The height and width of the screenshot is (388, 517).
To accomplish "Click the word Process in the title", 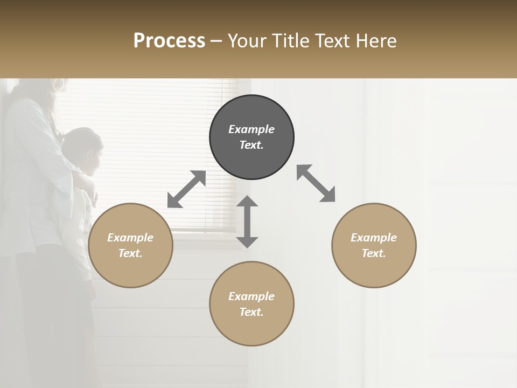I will coord(169,41).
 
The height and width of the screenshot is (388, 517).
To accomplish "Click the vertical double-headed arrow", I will coord(247,221).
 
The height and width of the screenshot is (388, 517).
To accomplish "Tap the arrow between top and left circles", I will coord(186,189).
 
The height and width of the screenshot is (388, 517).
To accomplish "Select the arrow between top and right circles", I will coord(316,183).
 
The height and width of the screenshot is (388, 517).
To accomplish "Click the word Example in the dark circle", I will coord(251,129).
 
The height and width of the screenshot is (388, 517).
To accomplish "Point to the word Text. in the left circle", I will coord(130,253).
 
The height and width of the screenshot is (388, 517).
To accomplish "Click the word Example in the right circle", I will coord(374,238).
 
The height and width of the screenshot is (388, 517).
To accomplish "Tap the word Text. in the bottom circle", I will coord(251,312).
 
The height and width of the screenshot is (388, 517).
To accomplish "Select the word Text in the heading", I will coord(331,41).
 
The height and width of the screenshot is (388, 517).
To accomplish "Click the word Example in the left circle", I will coord(130,238).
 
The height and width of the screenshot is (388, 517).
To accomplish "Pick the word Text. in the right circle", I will coord(374,253).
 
